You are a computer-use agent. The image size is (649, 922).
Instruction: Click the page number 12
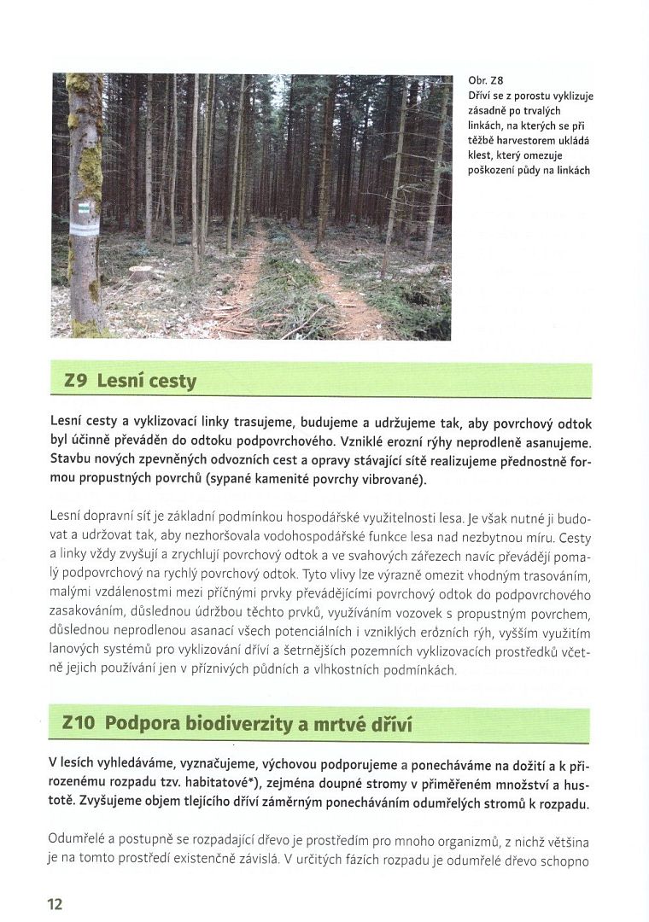pyautogui.click(x=54, y=904)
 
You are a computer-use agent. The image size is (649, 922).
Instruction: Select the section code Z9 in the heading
pyautogui.click(x=77, y=381)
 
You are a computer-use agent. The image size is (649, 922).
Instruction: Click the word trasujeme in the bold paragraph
pyautogui.click(x=236, y=423)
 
